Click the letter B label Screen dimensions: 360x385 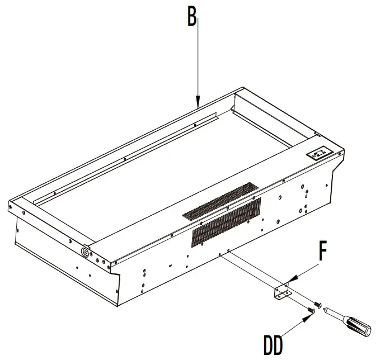192,18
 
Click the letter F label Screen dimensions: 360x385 323,252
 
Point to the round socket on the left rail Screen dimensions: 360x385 86,252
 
